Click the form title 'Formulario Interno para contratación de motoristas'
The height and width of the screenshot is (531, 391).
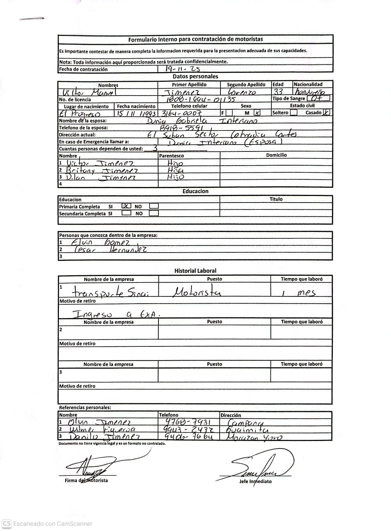(x=195, y=39)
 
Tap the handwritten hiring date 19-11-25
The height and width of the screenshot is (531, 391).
(x=183, y=69)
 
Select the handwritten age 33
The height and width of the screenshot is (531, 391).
(x=278, y=92)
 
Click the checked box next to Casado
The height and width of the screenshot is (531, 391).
(x=326, y=112)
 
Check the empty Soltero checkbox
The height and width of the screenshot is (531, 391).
(x=294, y=112)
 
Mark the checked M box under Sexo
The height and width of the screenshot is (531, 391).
(x=257, y=112)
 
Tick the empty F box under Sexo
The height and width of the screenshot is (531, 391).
(x=229, y=113)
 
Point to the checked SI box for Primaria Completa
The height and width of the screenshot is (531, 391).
(x=126, y=206)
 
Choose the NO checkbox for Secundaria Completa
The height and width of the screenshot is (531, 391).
(x=154, y=213)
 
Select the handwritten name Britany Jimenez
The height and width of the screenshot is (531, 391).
(x=102, y=170)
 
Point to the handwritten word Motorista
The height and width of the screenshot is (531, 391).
(x=196, y=293)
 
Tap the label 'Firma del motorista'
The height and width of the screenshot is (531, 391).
(x=86, y=480)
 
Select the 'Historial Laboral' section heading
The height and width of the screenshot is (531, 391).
(x=195, y=271)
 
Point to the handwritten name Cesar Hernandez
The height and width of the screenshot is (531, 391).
(x=110, y=249)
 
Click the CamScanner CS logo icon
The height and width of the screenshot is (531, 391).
(x=7, y=523)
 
